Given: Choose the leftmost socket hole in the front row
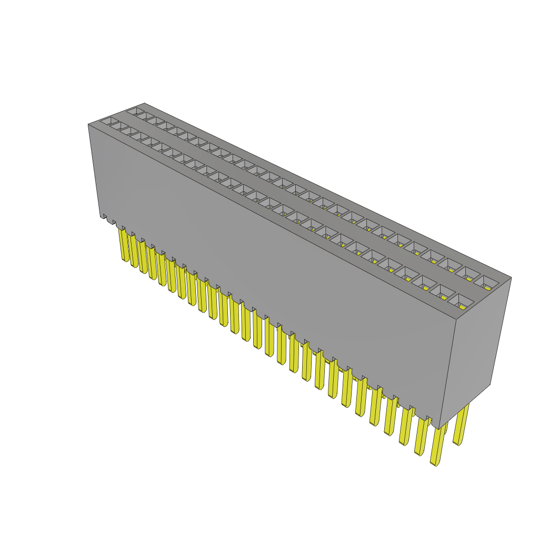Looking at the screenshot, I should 109,122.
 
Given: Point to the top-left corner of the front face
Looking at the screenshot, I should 88,125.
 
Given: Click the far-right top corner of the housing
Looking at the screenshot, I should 511,277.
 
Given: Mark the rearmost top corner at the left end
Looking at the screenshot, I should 144,103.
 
